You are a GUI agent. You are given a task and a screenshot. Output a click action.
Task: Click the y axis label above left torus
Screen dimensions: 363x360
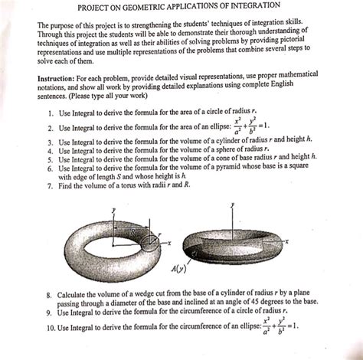point(113,208)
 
